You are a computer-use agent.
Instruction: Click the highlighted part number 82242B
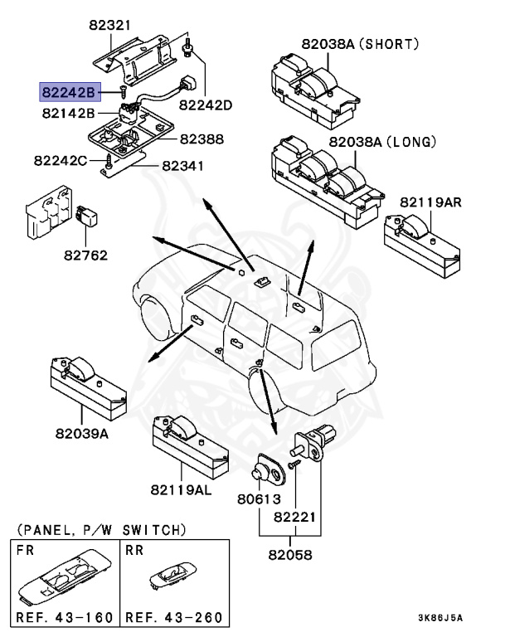[x=69, y=91]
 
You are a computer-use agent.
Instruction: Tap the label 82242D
[x=205, y=105]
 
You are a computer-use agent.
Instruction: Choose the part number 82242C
[x=61, y=158]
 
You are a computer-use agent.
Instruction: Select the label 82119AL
[x=181, y=490]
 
